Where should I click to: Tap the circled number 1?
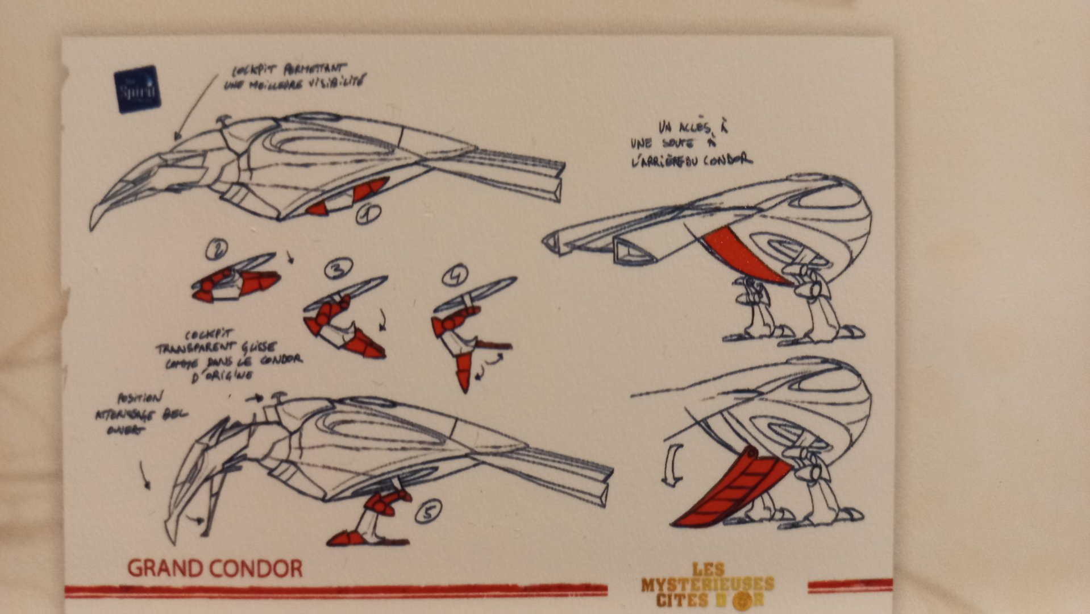tap(368, 214)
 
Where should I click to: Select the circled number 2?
tap(217, 248)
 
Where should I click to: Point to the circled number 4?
tap(455, 275)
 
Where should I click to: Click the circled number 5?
tap(428, 513)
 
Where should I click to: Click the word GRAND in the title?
tap(165, 569)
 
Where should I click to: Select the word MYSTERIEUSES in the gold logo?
tap(708, 584)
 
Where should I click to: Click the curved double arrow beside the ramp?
tap(672, 465)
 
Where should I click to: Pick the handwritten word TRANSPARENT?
tap(186, 347)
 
